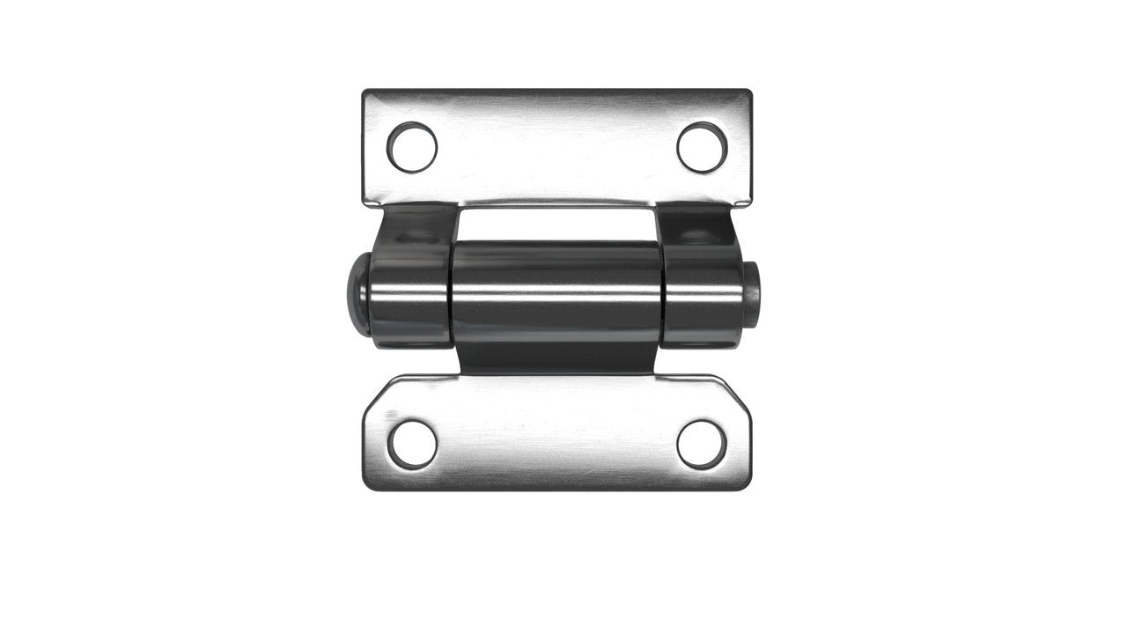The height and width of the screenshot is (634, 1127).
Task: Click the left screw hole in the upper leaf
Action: [412, 147]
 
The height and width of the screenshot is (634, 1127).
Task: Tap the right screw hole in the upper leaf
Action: [702, 147]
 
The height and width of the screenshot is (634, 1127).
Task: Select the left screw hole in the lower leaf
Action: [412, 444]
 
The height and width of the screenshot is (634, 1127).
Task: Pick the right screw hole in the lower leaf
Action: [702, 444]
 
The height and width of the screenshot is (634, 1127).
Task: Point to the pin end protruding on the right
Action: [755, 294]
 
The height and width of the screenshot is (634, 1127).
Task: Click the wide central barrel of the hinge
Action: [556, 291]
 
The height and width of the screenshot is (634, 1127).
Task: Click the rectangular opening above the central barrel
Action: [556, 224]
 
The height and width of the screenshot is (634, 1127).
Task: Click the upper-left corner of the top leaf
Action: [366, 92]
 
